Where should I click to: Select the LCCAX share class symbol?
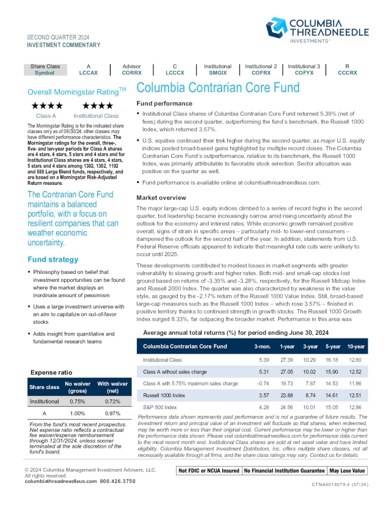click(89, 72)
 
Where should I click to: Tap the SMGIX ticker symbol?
click(217, 72)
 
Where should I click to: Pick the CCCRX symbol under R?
click(348, 72)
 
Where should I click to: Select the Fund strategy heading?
click(53, 259)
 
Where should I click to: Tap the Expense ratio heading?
click(51, 372)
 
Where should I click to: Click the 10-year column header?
click(357, 346)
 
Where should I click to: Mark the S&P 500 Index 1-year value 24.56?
click(287, 407)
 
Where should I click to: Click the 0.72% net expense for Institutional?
click(111, 402)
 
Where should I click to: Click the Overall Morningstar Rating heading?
click(77, 91)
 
